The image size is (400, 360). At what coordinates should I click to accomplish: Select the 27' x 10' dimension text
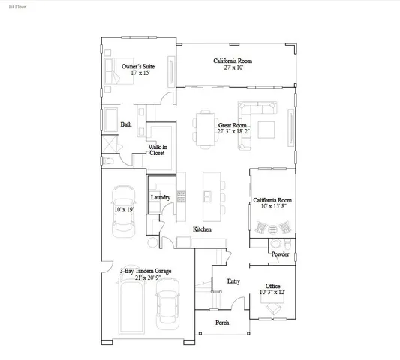click(232, 67)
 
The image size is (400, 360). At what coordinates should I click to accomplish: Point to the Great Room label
click(233, 125)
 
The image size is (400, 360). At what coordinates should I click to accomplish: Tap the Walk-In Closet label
click(158, 150)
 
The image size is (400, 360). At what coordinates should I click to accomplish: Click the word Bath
click(126, 125)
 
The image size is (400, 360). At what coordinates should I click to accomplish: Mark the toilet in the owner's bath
click(107, 160)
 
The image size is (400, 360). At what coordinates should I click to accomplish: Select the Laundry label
click(161, 198)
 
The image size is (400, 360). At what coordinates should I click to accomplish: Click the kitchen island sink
click(205, 196)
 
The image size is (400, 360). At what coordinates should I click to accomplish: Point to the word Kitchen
click(202, 229)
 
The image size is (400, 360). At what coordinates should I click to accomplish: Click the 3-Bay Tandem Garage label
click(146, 271)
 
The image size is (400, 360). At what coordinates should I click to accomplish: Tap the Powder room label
click(280, 255)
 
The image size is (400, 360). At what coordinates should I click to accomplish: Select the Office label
click(272, 285)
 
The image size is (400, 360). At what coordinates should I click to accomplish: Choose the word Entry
click(233, 281)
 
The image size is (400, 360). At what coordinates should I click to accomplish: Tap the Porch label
click(222, 322)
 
